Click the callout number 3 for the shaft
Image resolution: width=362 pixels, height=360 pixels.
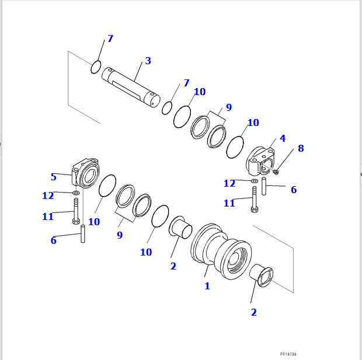[148, 61]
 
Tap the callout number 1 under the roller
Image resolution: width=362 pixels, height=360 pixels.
[207, 286]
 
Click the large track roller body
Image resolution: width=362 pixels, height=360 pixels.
[222, 254]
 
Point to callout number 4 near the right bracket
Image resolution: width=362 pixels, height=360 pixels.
[283, 139]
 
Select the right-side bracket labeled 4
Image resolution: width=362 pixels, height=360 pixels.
[263, 159]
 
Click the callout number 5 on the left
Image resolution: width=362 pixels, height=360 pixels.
[53, 177]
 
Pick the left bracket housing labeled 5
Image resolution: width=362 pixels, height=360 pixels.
[85, 173]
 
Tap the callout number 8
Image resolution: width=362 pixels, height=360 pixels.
[301, 148]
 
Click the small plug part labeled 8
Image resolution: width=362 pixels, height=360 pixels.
[276, 172]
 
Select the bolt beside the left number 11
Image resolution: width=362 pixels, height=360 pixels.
[76, 211]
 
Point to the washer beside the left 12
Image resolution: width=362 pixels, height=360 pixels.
[76, 192]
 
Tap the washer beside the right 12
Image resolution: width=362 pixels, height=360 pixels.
[254, 181]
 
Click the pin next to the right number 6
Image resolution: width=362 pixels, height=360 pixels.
[264, 186]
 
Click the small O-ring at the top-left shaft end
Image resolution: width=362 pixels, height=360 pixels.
[96, 67]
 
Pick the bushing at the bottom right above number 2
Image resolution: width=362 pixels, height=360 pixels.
[262, 275]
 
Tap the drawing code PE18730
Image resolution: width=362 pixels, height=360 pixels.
[288, 354]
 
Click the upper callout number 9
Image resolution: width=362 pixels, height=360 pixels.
[229, 107]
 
